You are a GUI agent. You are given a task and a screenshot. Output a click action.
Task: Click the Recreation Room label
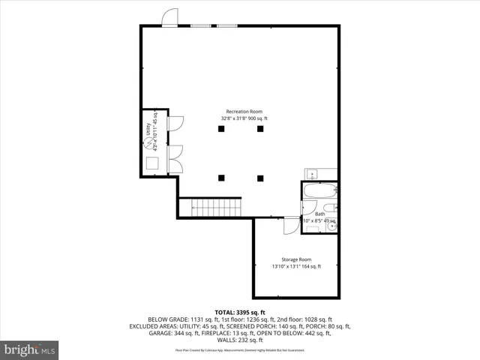pyautogui.click(x=244, y=112)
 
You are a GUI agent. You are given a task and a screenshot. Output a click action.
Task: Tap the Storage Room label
pyautogui.click(x=296, y=259)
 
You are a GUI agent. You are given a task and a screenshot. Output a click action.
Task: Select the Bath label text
pyautogui.click(x=319, y=214)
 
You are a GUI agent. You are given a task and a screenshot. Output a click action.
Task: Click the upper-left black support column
pyautogui.click(x=221, y=129)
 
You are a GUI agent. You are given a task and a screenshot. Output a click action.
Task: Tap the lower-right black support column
pyautogui.click(x=260, y=178)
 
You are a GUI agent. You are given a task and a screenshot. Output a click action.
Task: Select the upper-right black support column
pyautogui.click(x=260, y=129)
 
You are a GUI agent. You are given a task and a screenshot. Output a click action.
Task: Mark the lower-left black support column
pyautogui.click(x=221, y=178)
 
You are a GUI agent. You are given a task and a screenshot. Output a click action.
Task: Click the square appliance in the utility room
pyautogui.click(x=152, y=163)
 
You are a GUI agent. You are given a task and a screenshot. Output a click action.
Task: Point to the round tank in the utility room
pyautogui.click(x=151, y=142)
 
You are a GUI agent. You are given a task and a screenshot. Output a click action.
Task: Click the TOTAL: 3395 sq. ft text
pyautogui.click(x=240, y=312)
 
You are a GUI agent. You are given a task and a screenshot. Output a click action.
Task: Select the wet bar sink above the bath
pyautogui.click(x=312, y=175)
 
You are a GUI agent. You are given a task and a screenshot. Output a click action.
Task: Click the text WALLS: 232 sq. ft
pyautogui.click(x=240, y=340)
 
